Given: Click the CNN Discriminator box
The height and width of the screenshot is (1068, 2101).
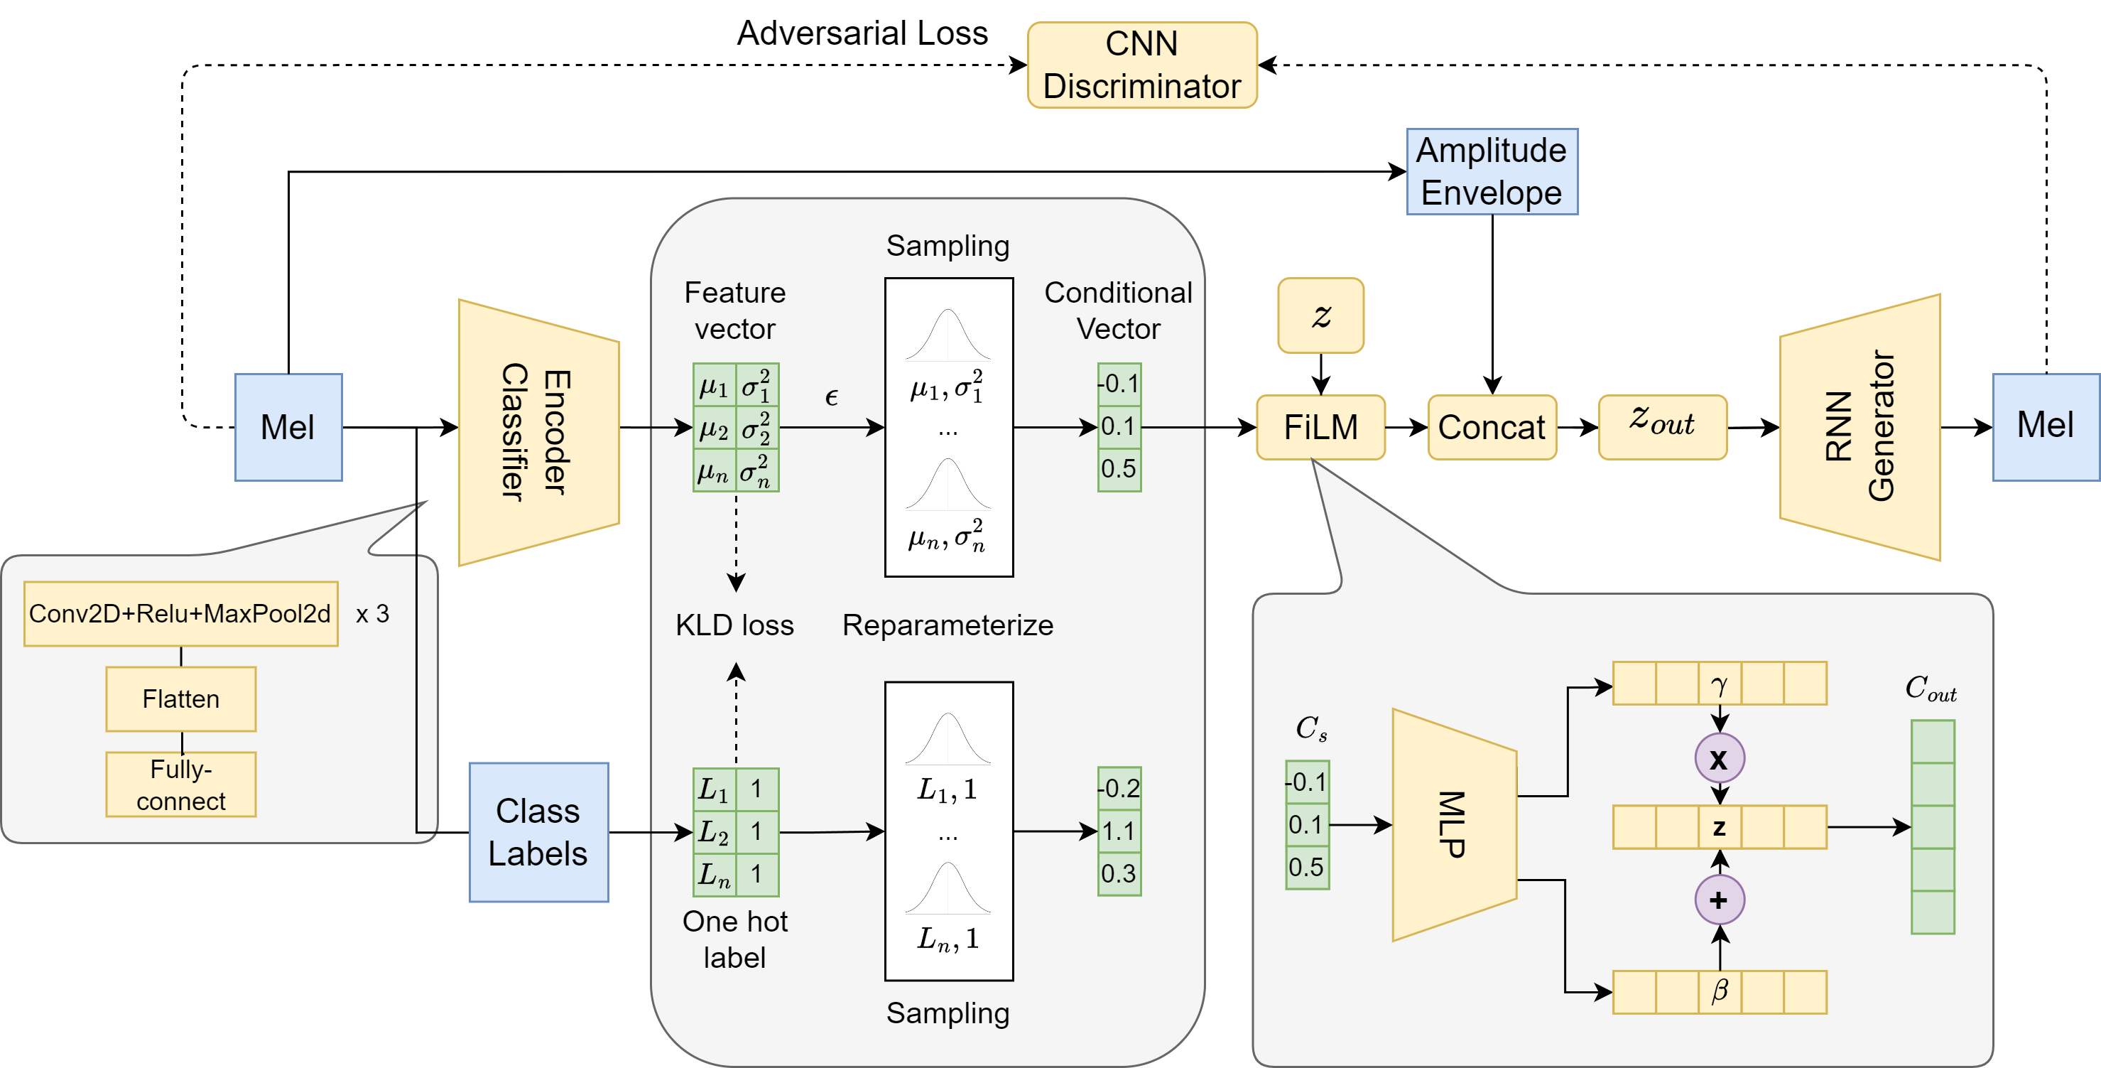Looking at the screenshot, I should click(1142, 65).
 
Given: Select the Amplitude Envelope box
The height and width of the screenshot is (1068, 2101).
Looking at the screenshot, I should click(1492, 171).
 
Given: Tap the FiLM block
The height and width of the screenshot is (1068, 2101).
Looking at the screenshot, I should click(1320, 428).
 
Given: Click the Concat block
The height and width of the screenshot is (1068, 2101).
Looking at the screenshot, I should click(1492, 428).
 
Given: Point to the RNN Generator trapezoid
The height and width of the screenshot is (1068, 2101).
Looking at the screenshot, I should click(1860, 428).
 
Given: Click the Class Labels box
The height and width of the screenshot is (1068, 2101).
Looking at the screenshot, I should click(538, 832).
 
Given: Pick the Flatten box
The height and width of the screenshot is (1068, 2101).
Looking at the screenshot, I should click(181, 699).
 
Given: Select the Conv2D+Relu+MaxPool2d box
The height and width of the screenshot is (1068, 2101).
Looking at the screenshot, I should click(181, 613).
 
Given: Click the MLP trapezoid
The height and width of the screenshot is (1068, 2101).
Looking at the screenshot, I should click(1453, 825).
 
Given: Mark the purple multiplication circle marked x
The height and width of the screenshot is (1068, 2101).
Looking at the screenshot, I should click(1720, 759).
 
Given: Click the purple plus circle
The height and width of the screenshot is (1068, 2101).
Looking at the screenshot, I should click(1720, 900).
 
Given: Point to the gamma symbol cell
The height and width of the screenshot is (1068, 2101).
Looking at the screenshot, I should click(1720, 684).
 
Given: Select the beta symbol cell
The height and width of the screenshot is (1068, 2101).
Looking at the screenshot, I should click(1720, 992).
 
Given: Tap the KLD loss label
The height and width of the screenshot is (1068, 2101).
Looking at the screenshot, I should click(734, 625).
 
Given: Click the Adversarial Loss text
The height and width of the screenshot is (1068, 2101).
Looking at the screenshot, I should click(862, 33).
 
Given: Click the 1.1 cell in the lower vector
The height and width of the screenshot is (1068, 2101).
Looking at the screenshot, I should click(1119, 831).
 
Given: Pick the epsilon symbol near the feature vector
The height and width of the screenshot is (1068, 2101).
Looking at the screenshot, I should click(831, 397).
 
